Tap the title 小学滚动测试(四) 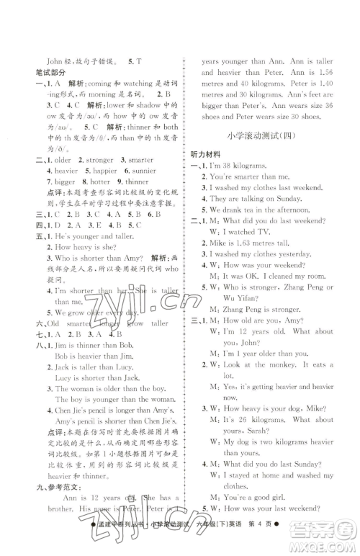tap(264, 138)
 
